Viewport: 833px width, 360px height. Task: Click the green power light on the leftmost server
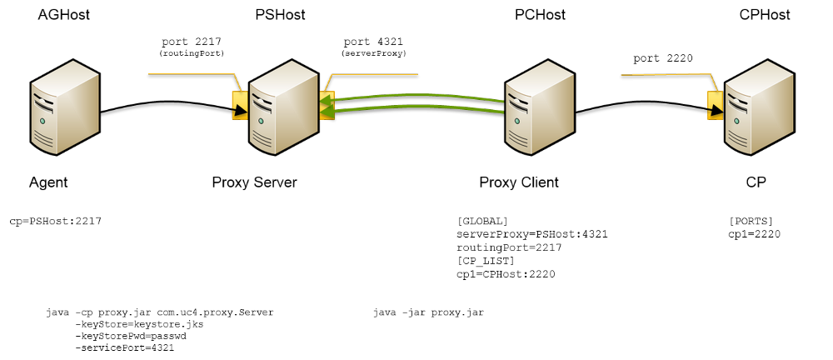coord(42,121)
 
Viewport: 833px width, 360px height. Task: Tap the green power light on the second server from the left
coord(261,121)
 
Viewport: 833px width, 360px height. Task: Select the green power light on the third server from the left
coord(517,121)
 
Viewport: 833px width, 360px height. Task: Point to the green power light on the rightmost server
coord(736,121)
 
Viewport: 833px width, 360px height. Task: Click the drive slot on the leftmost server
coord(43,102)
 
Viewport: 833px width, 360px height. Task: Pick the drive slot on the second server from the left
coord(262,102)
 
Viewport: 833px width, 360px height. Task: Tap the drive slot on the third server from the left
coord(518,102)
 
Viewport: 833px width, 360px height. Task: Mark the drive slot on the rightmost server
coord(737,102)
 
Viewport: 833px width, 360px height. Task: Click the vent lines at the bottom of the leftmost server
coord(43,138)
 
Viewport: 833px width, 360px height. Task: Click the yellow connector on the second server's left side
coord(239,106)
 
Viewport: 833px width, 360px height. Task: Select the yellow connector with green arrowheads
coord(327,106)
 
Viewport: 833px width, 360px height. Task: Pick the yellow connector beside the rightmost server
coord(714,106)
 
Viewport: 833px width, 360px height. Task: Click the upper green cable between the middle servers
coord(416,94)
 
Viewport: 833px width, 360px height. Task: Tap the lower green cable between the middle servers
coord(416,106)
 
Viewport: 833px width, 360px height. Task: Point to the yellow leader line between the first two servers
coord(192,73)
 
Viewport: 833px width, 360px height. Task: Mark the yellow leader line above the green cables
coord(375,74)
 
